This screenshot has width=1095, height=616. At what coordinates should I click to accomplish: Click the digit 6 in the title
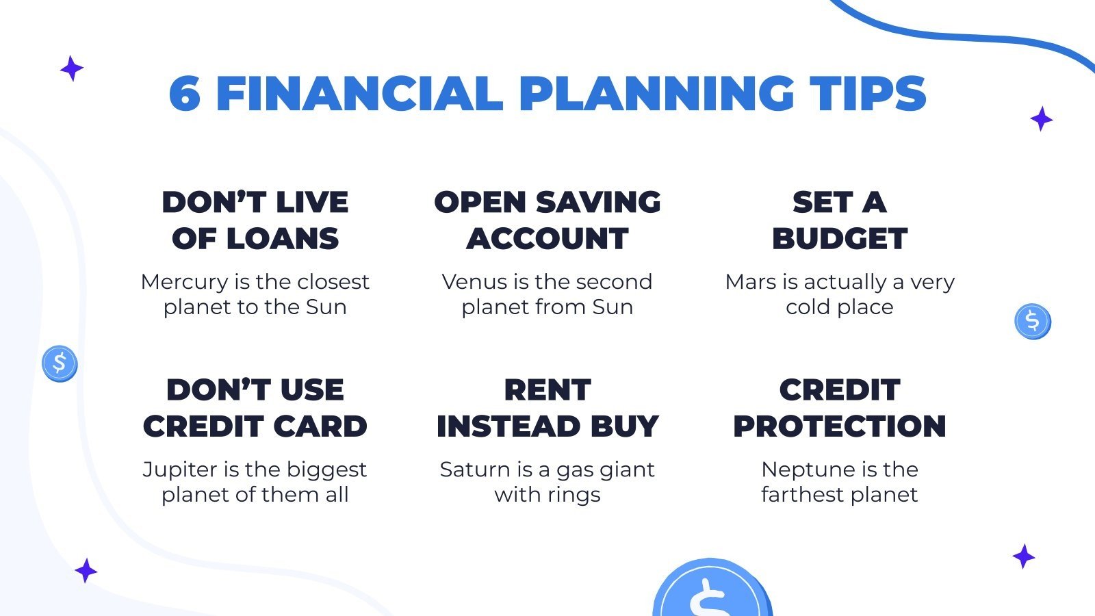(x=185, y=94)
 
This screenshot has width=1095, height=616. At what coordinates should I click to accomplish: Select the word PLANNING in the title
(x=656, y=94)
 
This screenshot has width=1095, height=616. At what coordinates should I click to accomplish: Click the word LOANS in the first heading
(x=282, y=239)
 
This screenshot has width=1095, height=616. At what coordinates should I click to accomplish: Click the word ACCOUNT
(x=547, y=239)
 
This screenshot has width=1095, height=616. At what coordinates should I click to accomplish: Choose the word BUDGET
(x=839, y=239)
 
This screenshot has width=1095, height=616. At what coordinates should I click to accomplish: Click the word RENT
(x=547, y=390)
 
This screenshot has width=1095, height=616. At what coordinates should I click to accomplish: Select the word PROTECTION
(x=839, y=426)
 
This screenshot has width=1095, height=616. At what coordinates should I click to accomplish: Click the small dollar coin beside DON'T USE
(x=60, y=363)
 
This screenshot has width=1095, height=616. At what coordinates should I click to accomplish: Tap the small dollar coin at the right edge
(x=1032, y=322)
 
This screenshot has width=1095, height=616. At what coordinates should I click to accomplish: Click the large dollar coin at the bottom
(x=712, y=592)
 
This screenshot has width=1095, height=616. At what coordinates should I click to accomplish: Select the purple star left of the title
(x=71, y=68)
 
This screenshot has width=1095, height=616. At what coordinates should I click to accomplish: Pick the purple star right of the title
(x=1041, y=119)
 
